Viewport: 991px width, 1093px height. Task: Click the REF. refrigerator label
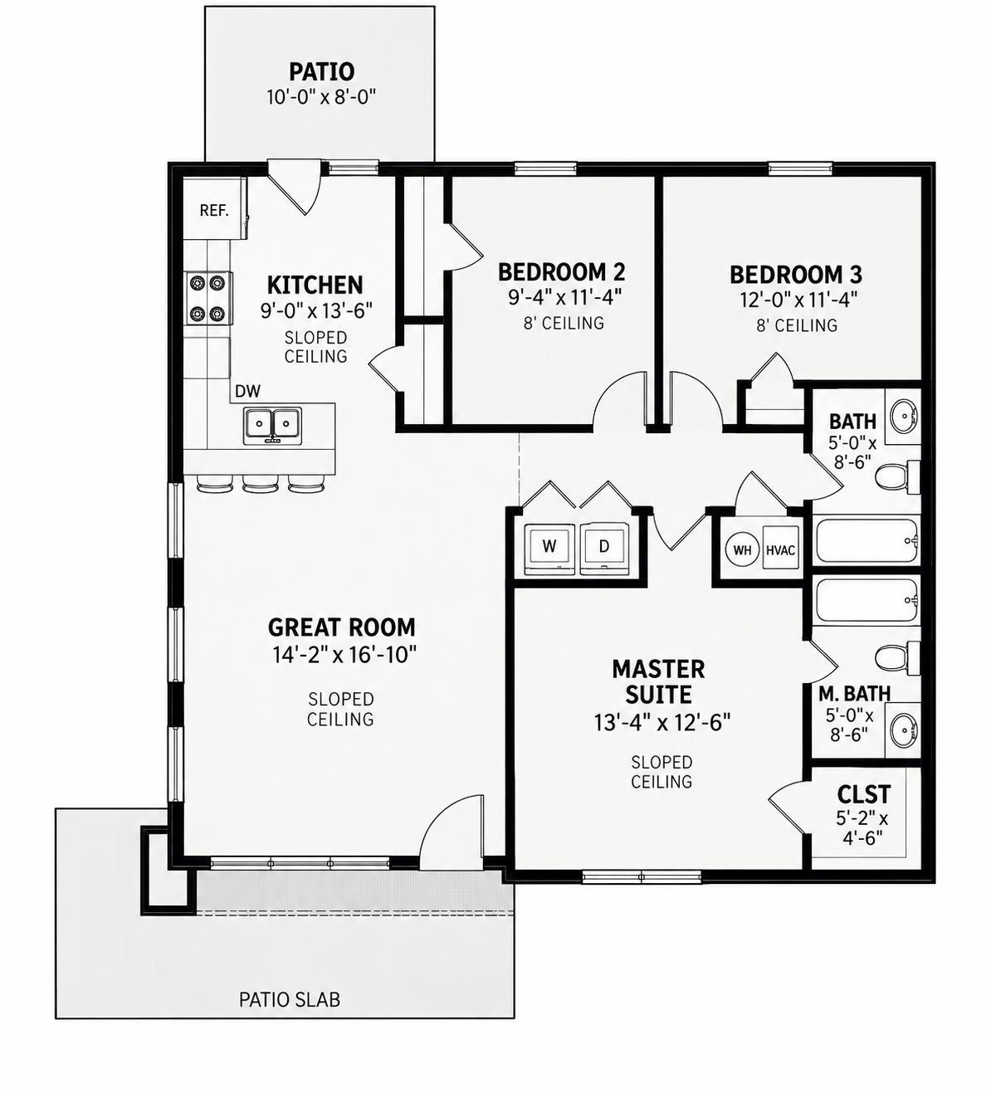point(213,210)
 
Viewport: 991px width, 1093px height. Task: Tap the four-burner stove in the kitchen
point(207,299)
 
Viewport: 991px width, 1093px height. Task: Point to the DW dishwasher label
point(247,391)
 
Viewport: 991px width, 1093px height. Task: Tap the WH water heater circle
point(742,550)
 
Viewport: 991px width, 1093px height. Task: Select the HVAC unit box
point(780,549)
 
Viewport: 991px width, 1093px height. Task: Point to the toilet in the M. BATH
point(896,658)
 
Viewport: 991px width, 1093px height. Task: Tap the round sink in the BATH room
point(903,417)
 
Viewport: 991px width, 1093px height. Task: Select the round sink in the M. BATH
point(903,730)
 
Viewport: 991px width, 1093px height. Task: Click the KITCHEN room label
point(315,285)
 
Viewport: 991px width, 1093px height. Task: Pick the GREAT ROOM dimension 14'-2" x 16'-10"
point(342,654)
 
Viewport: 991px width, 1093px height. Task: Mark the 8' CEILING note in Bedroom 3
point(797,325)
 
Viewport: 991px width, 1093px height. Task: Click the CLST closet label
point(863,794)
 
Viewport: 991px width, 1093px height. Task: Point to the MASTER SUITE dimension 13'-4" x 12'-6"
point(661,723)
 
